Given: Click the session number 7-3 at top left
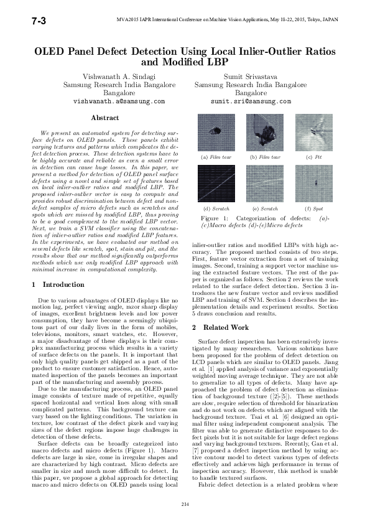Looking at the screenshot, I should coord(21,22).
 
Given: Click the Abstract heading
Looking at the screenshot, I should coord(105,118).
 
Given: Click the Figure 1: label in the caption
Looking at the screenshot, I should coord(217,219).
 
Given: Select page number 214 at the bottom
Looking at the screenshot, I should coord(185,503).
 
